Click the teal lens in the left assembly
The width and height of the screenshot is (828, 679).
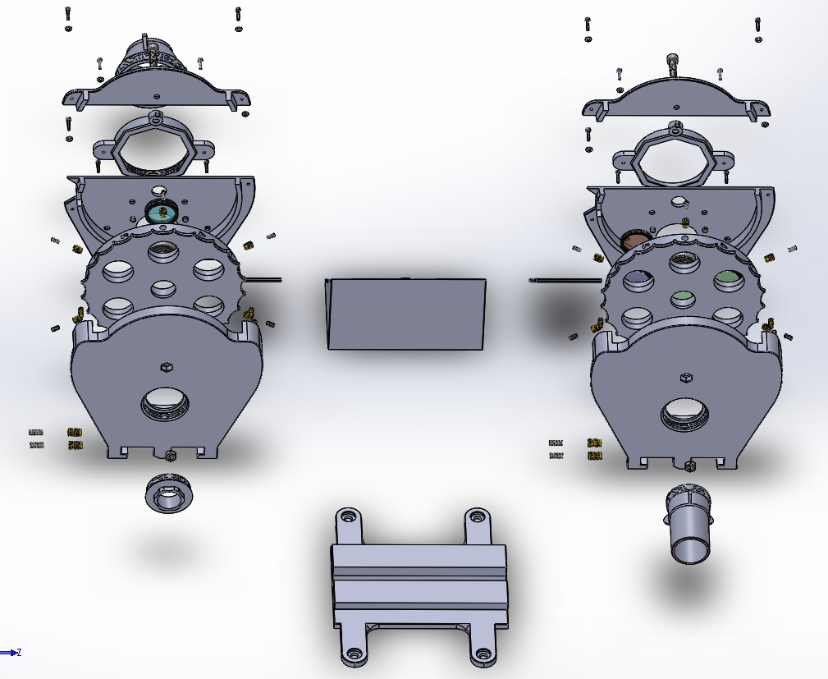161,212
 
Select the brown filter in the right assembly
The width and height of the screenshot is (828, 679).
636,241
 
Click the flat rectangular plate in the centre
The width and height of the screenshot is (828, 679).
406,314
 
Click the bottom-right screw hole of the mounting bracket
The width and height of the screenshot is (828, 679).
483,656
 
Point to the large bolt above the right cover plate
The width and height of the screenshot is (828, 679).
674,63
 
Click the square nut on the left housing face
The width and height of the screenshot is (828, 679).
165,366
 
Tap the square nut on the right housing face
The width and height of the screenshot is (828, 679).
684,378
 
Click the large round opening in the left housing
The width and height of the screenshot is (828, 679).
167,404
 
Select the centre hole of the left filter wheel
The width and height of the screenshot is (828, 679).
162,288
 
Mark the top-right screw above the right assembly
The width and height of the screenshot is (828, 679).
757,26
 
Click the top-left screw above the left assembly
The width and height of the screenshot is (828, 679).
67,16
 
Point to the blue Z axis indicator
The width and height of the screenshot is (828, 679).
11,653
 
